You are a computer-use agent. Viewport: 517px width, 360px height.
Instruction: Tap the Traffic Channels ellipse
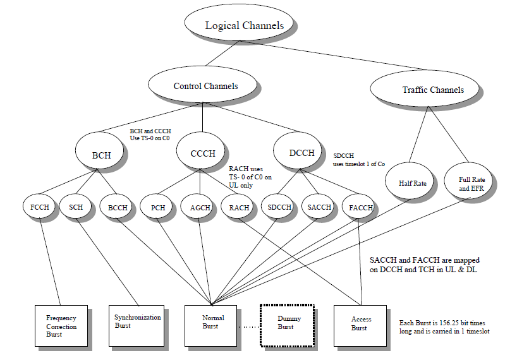(433, 90)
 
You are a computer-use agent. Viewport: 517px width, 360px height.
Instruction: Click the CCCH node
(202, 153)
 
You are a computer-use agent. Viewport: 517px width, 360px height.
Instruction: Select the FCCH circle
(40, 207)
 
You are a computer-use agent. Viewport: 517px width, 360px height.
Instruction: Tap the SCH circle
(76, 207)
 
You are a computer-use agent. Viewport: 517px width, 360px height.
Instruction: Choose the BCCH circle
(118, 207)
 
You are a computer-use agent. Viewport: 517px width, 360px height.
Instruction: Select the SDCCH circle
(279, 207)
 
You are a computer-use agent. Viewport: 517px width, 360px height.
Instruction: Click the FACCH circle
(361, 207)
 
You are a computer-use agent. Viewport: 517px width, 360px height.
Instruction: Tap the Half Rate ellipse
(412, 183)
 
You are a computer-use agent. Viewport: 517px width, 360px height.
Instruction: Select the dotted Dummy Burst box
(286, 323)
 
